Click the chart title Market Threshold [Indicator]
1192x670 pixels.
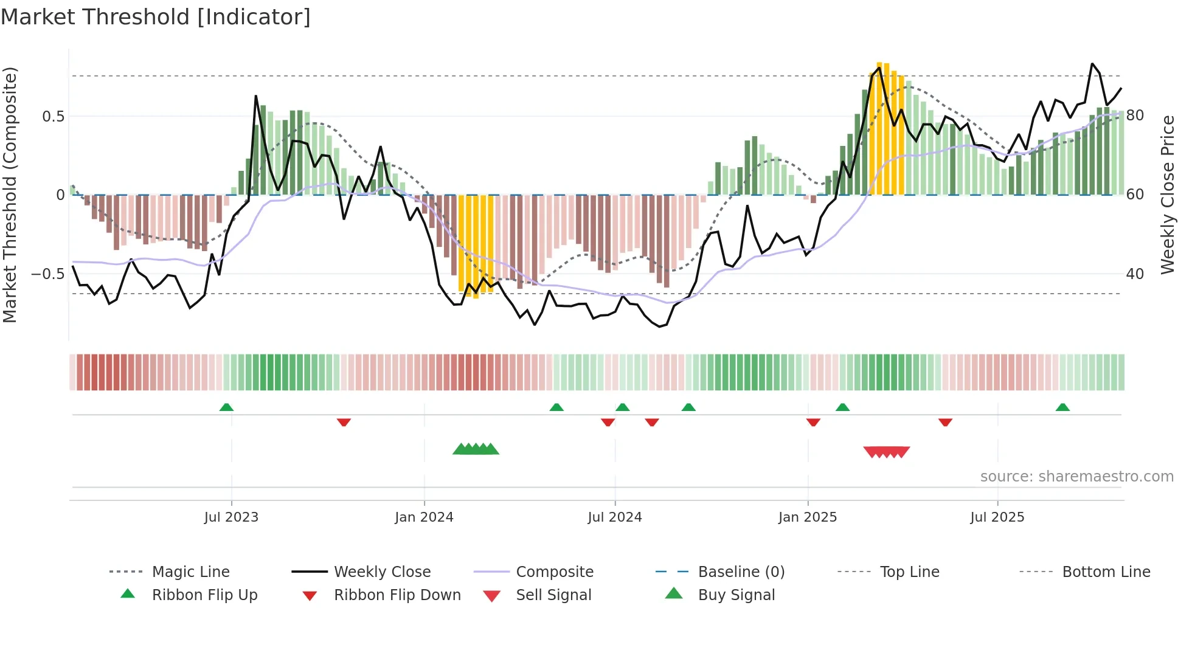(156, 17)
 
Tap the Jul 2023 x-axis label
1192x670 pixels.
(231, 517)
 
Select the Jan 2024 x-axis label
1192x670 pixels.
(424, 517)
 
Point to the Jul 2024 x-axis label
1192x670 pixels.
(614, 517)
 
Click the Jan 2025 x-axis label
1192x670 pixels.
(807, 517)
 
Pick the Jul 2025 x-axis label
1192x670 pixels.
(997, 517)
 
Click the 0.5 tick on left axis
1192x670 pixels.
(53, 116)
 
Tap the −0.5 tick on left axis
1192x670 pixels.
(47, 274)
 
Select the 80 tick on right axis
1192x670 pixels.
(1135, 116)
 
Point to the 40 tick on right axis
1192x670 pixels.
(1135, 274)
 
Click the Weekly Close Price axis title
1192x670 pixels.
(1167, 195)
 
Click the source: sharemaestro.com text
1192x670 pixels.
(1076, 477)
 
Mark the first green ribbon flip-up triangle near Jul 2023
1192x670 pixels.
(226, 407)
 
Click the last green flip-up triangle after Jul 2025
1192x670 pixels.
(1062, 407)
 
